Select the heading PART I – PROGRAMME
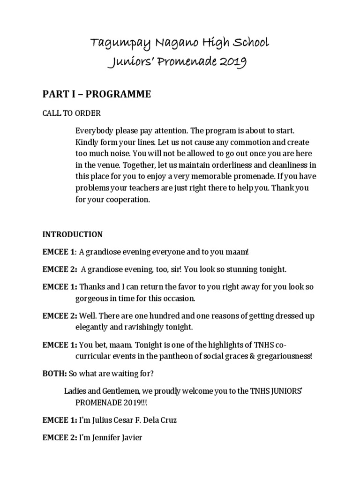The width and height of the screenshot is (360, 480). point(97,94)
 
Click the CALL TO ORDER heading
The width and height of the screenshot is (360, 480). point(71,113)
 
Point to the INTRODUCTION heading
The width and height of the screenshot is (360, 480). point(73,234)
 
